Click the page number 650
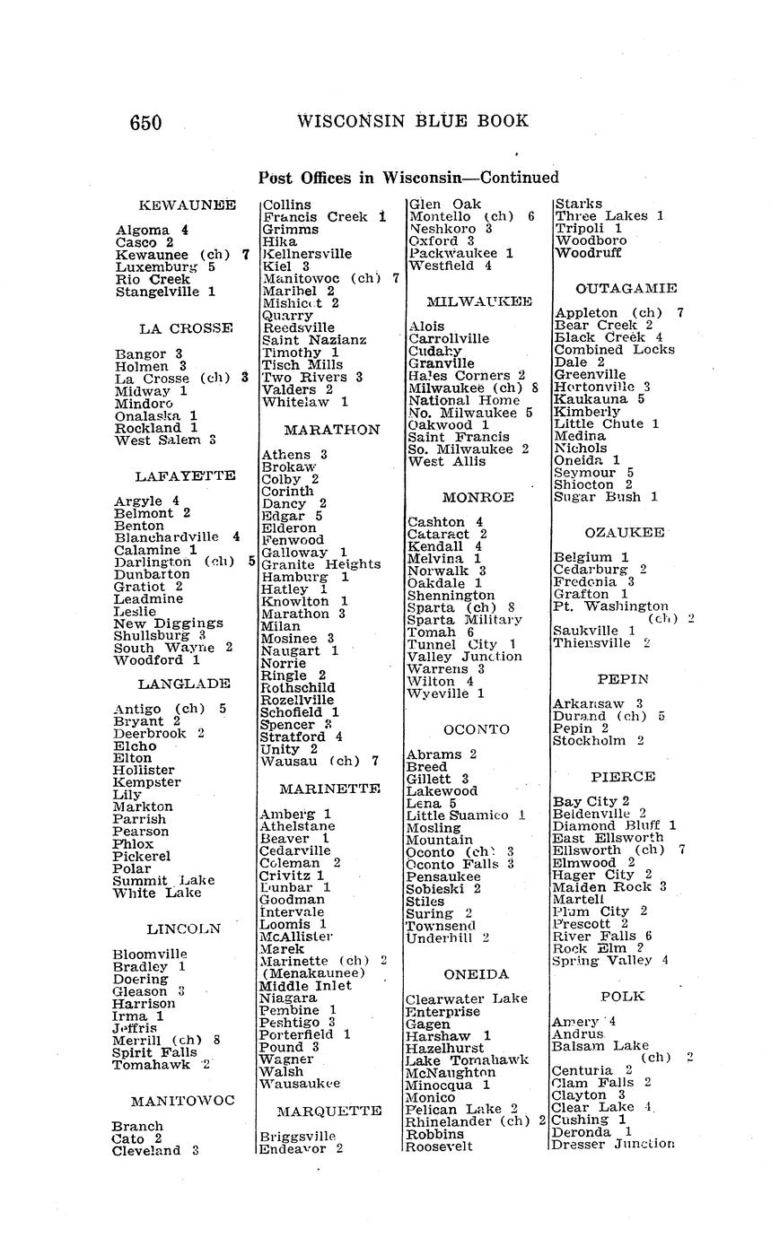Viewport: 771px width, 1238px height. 145,123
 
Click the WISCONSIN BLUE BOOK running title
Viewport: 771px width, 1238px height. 412,121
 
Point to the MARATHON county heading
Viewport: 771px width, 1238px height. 332,430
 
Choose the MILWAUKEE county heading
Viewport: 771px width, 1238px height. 479,301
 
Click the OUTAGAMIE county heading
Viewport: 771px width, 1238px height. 626,288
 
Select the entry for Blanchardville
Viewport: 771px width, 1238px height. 167,537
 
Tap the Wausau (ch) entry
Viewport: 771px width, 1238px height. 310,762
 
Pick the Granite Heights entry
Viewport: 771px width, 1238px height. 320,564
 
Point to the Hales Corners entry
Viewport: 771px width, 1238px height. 460,376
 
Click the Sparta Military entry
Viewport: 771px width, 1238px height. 464,620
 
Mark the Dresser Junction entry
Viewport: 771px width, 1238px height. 612,1144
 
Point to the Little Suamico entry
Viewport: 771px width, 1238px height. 458,815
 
